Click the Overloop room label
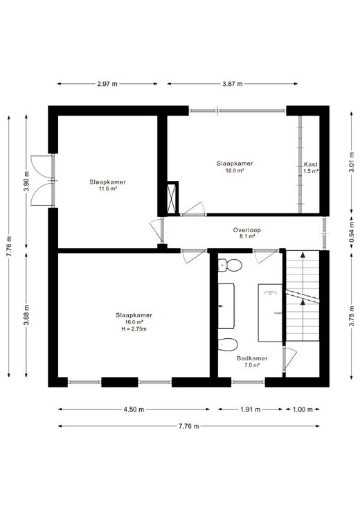[247, 230]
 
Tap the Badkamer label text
[252, 358]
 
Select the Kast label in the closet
[311, 164]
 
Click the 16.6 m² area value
[134, 322]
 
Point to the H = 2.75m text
[134, 329]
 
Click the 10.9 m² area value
[235, 170]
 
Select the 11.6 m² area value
[108, 188]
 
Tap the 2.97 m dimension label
[107, 84]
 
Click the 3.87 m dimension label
[233, 84]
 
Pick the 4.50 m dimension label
[134, 410]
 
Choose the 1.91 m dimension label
[251, 410]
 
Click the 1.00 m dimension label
[303, 410]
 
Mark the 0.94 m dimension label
[351, 231]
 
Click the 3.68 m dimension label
[26, 315]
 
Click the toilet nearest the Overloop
[230, 265]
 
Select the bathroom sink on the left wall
[226, 306]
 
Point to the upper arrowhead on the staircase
[303, 254]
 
